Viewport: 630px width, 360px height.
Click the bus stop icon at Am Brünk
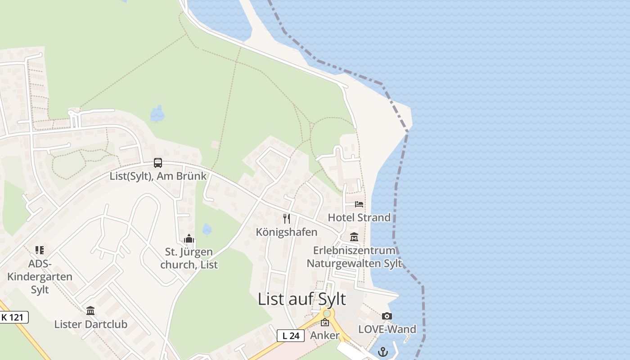tap(158, 163)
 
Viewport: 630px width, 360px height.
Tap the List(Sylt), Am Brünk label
tap(158, 176)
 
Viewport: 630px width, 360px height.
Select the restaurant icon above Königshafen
tap(287, 219)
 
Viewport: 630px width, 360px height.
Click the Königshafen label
tap(287, 232)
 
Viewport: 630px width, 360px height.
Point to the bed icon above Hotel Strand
tap(359, 204)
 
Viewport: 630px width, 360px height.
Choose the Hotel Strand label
tap(359, 218)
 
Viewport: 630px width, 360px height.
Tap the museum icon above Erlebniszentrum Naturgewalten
tap(354, 237)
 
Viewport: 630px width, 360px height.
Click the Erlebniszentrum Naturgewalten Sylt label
tap(354, 257)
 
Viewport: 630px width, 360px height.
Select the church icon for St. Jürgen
tap(189, 238)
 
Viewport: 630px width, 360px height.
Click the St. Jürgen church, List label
tap(189, 258)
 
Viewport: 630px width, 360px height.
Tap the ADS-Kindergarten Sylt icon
tap(40, 250)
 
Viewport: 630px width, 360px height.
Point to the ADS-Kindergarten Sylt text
tap(40, 276)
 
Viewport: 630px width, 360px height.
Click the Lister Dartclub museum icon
tap(90, 310)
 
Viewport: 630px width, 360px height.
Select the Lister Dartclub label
tap(90, 324)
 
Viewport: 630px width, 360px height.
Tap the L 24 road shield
tap(290, 335)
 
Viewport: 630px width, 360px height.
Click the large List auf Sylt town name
tap(302, 299)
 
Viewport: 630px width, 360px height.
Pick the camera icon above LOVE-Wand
tap(387, 316)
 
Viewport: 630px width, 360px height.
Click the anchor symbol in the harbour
tap(383, 351)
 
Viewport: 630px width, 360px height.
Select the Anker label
tap(325, 336)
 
